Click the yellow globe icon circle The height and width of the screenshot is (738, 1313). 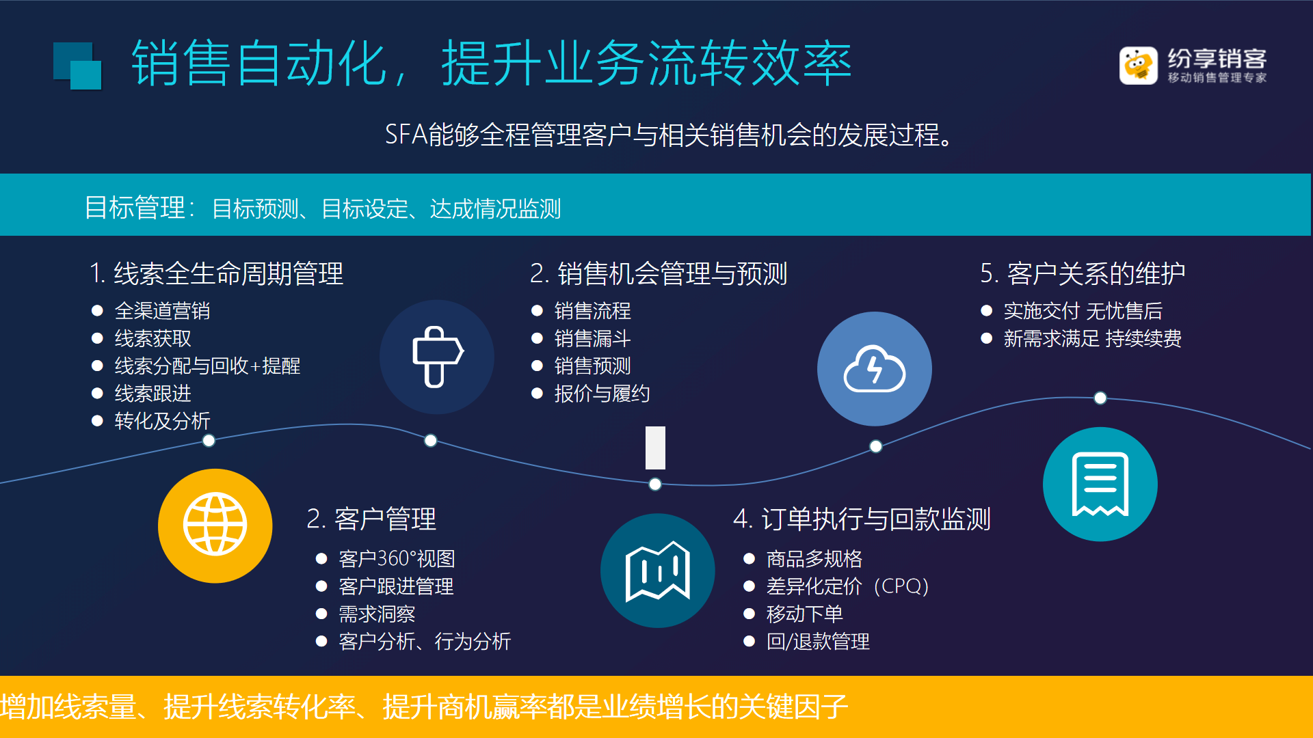pyautogui.click(x=215, y=525)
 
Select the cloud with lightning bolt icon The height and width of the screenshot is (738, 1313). pyautogui.click(x=874, y=369)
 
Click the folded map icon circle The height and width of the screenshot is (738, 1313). pyautogui.click(x=658, y=571)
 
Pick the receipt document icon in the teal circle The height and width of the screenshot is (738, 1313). pyautogui.click(x=1100, y=484)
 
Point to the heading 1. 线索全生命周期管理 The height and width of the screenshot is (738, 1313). pyautogui.click(x=216, y=273)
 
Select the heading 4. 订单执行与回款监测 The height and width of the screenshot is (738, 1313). pyautogui.click(x=862, y=519)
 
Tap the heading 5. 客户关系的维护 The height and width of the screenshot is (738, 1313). pyautogui.click(x=1083, y=273)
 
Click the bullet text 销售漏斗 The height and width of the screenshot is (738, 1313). pyautogui.click(x=592, y=338)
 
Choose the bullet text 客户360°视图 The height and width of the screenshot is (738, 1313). pyautogui.click(x=397, y=559)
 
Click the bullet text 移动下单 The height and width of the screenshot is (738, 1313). pyautogui.click(x=804, y=614)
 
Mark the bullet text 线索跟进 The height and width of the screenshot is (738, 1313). pyautogui.click(x=152, y=393)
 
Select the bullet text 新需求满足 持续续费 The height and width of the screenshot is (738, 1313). pyautogui.click(x=1092, y=338)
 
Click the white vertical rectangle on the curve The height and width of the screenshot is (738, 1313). pyautogui.click(x=655, y=448)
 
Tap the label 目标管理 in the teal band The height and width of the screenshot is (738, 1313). pyautogui.click(x=135, y=208)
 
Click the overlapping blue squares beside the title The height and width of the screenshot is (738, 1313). pyautogui.click(x=77, y=66)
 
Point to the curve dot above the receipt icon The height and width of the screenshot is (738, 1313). pyautogui.click(x=1100, y=398)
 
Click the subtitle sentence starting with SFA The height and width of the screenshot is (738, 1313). pyautogui.click(x=668, y=135)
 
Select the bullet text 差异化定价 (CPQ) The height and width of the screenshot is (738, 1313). pyautogui.click(x=847, y=586)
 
